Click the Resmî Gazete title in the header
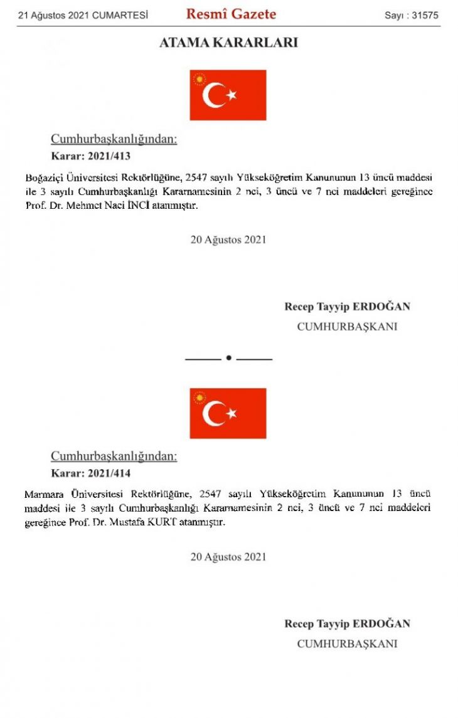(231, 14)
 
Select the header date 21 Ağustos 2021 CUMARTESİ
(83, 15)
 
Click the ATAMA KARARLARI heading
(228, 43)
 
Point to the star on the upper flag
(232, 95)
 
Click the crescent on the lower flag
(213, 413)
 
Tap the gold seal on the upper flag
(200, 80)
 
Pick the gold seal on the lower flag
(200, 398)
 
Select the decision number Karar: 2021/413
(90, 156)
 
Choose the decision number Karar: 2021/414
(90, 473)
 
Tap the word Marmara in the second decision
(44, 494)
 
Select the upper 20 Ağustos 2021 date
(228, 240)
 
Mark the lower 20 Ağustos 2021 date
(228, 557)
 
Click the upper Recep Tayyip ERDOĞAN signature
(347, 307)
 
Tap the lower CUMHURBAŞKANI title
(347, 643)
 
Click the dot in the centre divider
(229, 358)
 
